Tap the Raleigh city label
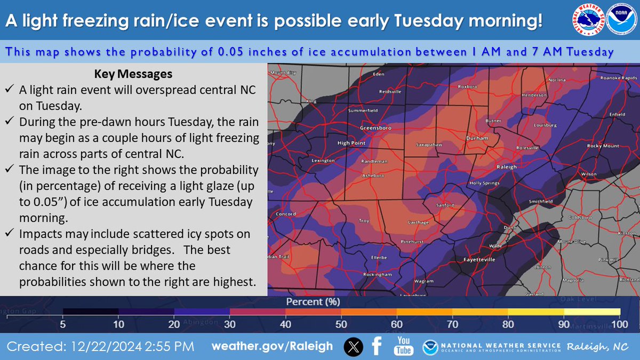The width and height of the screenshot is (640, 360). [x=507, y=166]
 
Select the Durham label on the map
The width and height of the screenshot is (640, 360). [x=477, y=138]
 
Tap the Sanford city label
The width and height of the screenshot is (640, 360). [x=445, y=205]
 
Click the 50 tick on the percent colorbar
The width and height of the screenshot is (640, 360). [x=341, y=323]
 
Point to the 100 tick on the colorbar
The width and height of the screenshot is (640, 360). [x=619, y=323]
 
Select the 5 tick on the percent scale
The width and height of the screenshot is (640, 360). [x=63, y=323]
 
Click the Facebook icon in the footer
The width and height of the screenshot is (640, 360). [x=377, y=347]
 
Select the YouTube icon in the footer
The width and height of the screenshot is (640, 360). [x=403, y=347]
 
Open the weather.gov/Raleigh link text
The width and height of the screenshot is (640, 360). [x=272, y=347]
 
